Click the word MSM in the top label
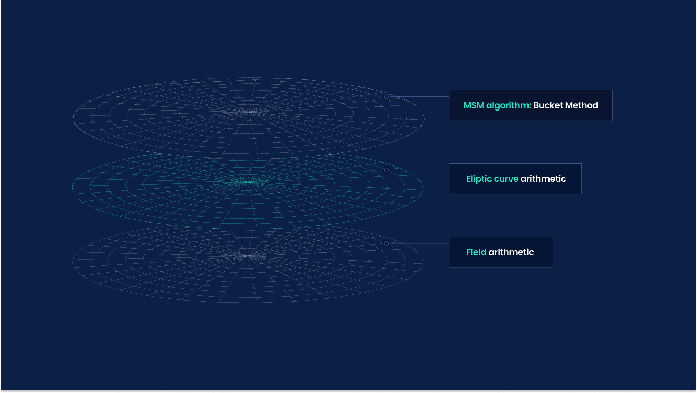point(474,105)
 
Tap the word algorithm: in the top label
point(509,106)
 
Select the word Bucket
point(548,105)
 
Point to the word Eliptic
point(479,179)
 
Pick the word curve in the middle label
point(506,179)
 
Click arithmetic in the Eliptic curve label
point(543,179)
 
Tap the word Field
point(476,252)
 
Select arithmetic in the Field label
point(511,252)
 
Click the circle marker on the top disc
point(386,97)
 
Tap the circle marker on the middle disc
point(386,170)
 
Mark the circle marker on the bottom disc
point(386,243)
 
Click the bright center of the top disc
point(249,112)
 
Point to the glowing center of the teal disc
point(248,182)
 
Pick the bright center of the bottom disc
point(248,256)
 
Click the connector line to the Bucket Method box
point(419,97)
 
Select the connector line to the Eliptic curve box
point(419,170)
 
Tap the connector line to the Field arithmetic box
point(419,243)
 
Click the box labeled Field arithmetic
point(501,252)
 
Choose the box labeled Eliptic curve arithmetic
point(515,179)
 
